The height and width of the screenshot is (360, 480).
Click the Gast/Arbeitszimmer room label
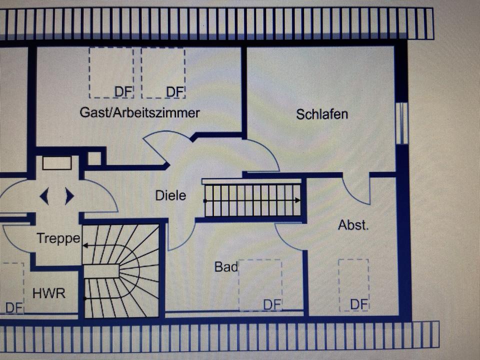pyautogui.click(x=139, y=112)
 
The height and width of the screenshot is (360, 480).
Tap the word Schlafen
pyautogui.click(x=322, y=114)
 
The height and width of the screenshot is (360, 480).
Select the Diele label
pyautogui.click(x=171, y=195)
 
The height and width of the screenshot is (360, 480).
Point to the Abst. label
pyautogui.click(x=353, y=225)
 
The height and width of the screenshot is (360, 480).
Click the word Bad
pyautogui.click(x=226, y=266)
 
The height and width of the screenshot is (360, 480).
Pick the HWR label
pyautogui.click(x=49, y=293)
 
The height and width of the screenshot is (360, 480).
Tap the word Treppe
pyautogui.click(x=58, y=238)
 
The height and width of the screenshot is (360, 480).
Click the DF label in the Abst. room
pyautogui.click(x=359, y=304)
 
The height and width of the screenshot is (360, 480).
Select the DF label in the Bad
pyautogui.click(x=272, y=305)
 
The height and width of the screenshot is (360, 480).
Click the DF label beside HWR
pyautogui.click(x=14, y=307)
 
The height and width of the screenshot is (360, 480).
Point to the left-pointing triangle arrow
pyautogui.click(x=44, y=196)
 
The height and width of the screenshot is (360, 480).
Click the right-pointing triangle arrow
pyautogui.click(x=69, y=196)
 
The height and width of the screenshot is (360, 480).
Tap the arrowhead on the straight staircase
pyautogui.click(x=297, y=200)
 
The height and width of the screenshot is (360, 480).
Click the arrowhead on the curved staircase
pyautogui.click(x=85, y=245)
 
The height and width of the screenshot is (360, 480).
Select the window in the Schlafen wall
pyautogui.click(x=401, y=123)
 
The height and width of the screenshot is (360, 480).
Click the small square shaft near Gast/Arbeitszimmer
pyautogui.click(x=94, y=158)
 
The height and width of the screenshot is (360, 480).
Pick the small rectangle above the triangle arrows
pyautogui.click(x=57, y=163)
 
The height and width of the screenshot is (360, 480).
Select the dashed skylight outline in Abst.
pyautogui.click(x=353, y=285)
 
